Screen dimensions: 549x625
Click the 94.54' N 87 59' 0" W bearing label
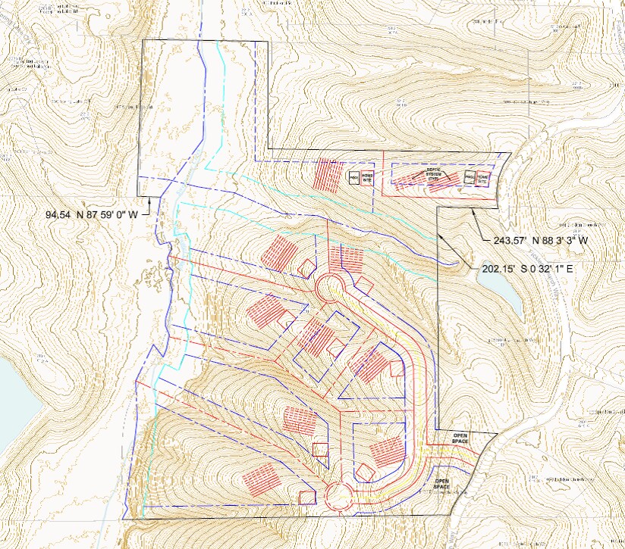point(92,214)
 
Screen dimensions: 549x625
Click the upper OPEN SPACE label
point(460,438)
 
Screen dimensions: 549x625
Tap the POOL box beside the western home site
point(353,178)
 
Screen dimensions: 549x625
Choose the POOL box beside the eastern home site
point(470,177)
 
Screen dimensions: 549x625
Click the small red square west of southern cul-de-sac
point(307,498)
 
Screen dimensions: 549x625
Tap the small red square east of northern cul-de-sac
point(363,286)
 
